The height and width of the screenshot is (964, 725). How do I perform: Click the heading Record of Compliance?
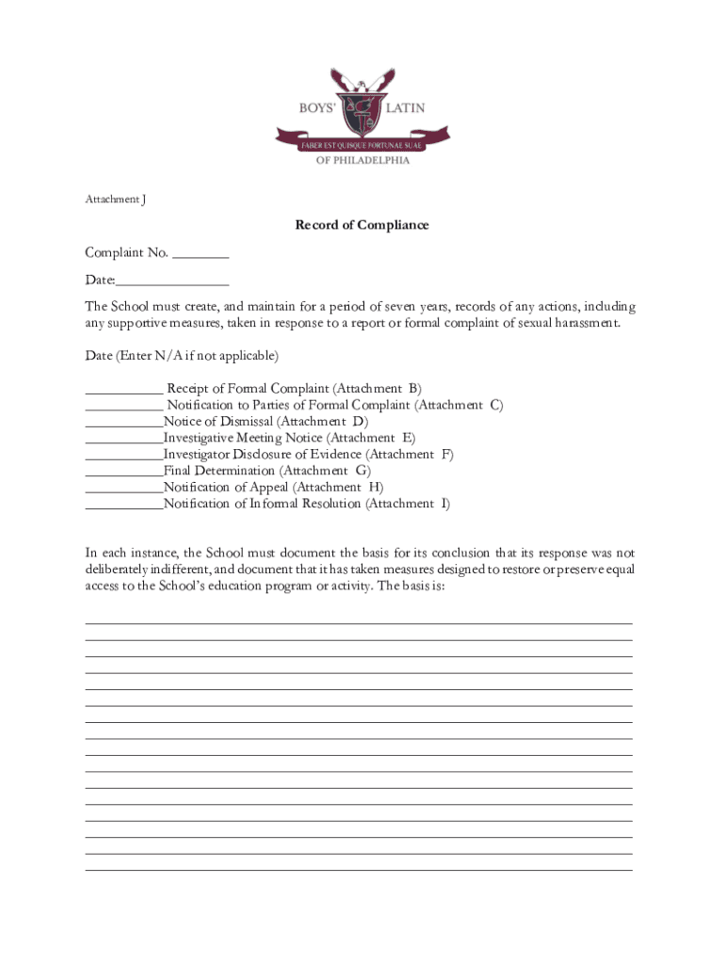coord(362,225)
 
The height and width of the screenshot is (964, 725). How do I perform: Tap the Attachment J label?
coord(116,200)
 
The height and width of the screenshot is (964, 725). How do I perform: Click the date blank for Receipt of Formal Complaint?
coord(123,390)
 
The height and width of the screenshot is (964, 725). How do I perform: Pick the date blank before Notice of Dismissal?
coord(123,423)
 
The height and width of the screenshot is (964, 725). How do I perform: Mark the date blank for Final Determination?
coord(123,472)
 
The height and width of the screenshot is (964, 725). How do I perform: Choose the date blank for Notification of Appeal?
coord(123,488)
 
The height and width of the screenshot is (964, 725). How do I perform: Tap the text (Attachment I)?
coord(408,504)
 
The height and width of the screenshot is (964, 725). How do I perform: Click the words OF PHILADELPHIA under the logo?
coord(362,160)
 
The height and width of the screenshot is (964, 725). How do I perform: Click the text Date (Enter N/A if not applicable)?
coord(182,356)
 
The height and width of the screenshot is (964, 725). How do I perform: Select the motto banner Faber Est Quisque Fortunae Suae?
coord(362,144)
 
